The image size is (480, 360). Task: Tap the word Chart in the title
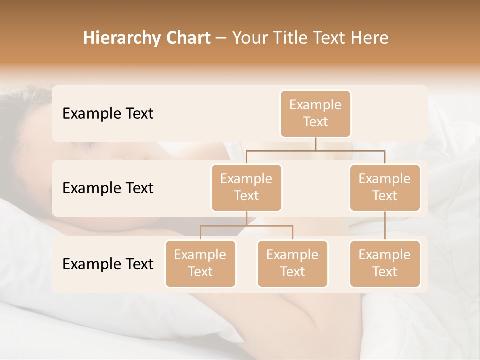tap(185, 38)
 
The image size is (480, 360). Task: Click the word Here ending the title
tap(369, 38)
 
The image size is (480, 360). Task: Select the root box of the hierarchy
tap(315, 114)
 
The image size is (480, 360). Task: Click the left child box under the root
tap(246, 187)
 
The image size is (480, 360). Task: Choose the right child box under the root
tap(385, 187)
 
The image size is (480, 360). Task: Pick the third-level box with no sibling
tap(385, 263)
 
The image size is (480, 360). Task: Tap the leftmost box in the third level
tap(200, 263)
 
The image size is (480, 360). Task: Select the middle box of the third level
tap(292, 263)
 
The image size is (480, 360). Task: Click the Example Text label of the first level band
tap(108, 114)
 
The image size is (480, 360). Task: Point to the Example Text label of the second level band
tap(108, 188)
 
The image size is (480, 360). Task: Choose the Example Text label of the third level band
tap(108, 264)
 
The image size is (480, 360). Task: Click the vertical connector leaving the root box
tap(315, 144)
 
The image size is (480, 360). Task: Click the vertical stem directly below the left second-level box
tap(246, 218)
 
